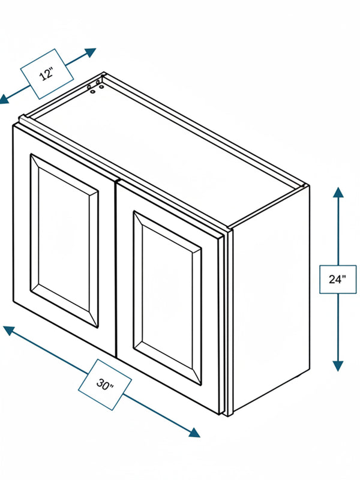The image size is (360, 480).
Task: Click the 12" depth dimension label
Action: (47, 74)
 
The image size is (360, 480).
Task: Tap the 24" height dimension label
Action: (337, 279)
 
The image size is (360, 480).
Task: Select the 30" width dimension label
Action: (104, 384)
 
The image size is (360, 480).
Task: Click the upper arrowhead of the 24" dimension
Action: (338, 192)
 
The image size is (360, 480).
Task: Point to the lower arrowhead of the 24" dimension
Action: (338, 366)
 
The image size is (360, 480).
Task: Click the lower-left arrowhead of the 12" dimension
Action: (4, 99)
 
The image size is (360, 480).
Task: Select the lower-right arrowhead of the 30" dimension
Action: (194, 432)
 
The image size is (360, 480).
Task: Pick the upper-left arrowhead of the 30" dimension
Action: (8, 331)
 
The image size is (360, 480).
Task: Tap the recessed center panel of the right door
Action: (167, 298)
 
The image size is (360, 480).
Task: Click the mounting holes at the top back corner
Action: (95, 85)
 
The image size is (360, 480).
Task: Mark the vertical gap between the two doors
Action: (116, 269)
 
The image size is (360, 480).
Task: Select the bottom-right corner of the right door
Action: (220, 415)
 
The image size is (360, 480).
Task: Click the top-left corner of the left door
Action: (13, 125)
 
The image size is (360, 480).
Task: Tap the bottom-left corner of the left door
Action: (13, 302)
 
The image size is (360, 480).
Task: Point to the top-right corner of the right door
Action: (221, 236)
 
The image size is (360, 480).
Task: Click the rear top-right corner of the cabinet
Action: (308, 185)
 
